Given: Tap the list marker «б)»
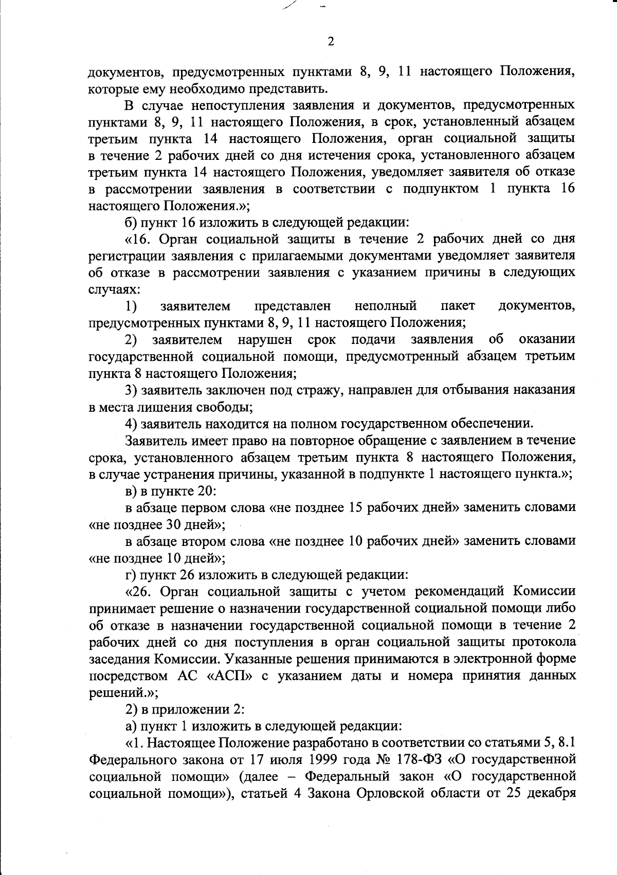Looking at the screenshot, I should (x=132, y=223).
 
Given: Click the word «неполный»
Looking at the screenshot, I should (x=385, y=307).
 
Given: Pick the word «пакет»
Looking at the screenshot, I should (x=458, y=307).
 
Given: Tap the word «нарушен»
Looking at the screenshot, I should (x=265, y=340).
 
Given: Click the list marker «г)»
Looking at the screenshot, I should (x=131, y=574).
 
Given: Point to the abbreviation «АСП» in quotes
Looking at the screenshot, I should (x=230, y=676).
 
